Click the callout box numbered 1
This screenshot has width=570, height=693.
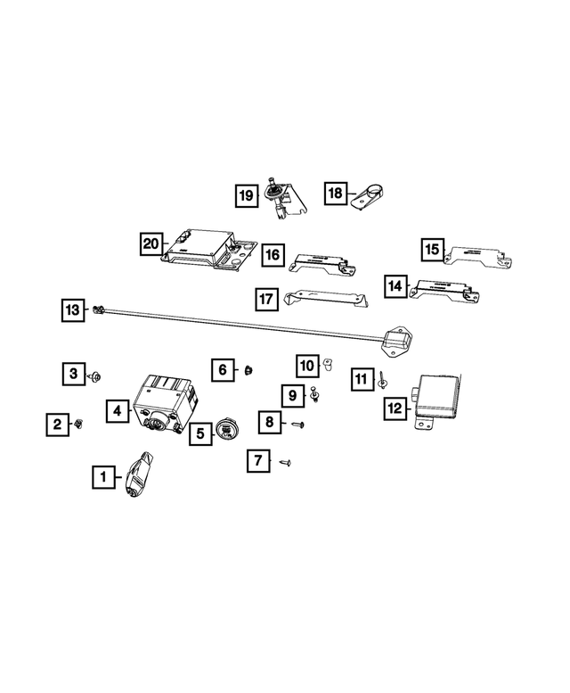103,478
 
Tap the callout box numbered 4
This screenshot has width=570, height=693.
117,411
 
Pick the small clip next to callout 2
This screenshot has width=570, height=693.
79,424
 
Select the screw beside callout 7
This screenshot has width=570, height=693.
286,462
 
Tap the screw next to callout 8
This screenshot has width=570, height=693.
298,426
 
